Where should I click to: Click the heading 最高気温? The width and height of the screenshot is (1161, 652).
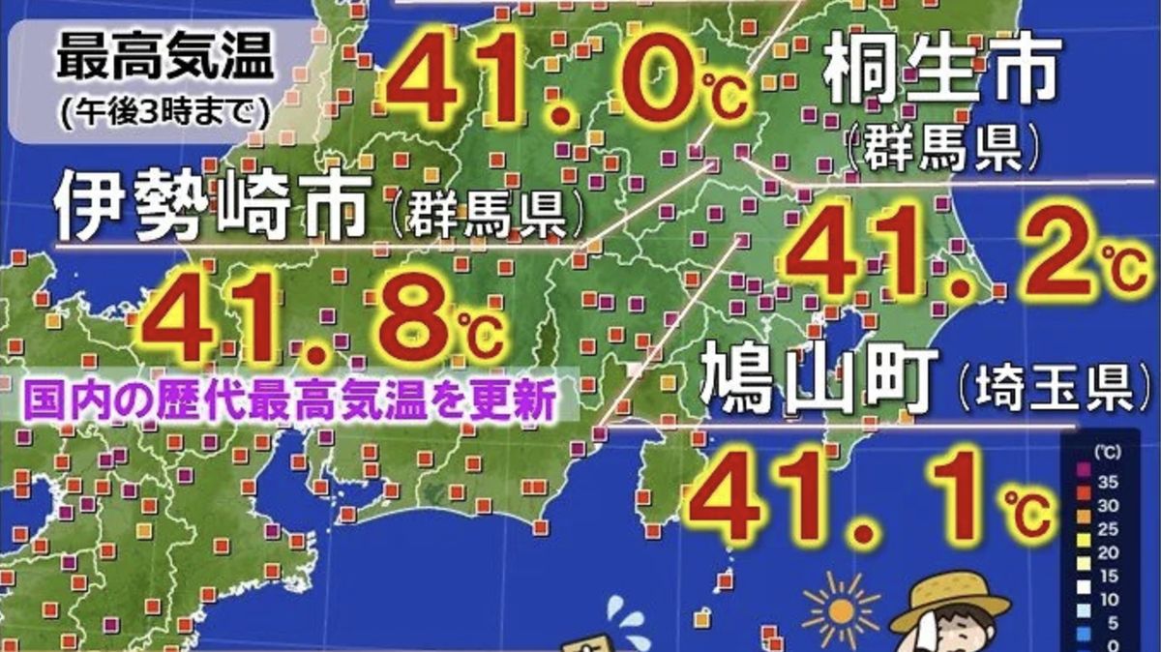pos(164,60)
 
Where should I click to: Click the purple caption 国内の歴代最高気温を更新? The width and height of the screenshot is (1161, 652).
pos(289,399)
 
